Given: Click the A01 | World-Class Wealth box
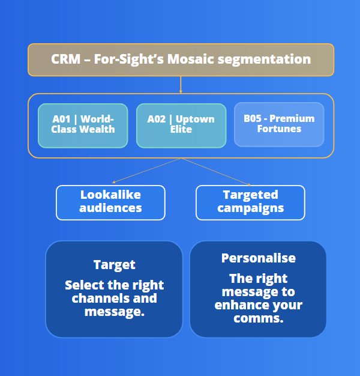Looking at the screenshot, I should (83, 126).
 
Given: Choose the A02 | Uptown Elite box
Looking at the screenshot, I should (181, 126).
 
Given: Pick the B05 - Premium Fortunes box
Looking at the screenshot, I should (279, 124).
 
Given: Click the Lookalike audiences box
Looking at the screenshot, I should (110, 202).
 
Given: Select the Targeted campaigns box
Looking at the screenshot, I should (250, 202).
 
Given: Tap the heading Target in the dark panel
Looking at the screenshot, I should (114, 265).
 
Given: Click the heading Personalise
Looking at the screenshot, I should (258, 258).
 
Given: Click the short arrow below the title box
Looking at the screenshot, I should (181, 85).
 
